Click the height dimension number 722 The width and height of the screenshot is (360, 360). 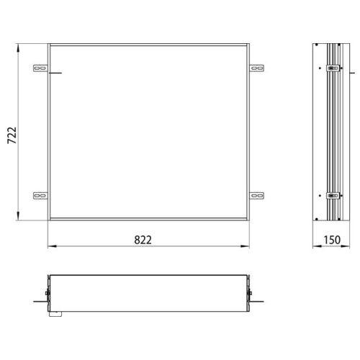pyautogui.click(x=12, y=134)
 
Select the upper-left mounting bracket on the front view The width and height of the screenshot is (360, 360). pyautogui.click(x=40, y=69)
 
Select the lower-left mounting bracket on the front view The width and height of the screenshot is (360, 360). pyautogui.click(x=40, y=194)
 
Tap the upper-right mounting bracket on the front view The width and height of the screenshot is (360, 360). pyautogui.click(x=257, y=69)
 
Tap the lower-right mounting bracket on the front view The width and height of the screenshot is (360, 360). pyautogui.click(x=257, y=194)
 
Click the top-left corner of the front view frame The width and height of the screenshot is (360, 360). pyautogui.click(x=49, y=45)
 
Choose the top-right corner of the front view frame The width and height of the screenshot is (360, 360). pyautogui.click(x=249, y=45)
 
